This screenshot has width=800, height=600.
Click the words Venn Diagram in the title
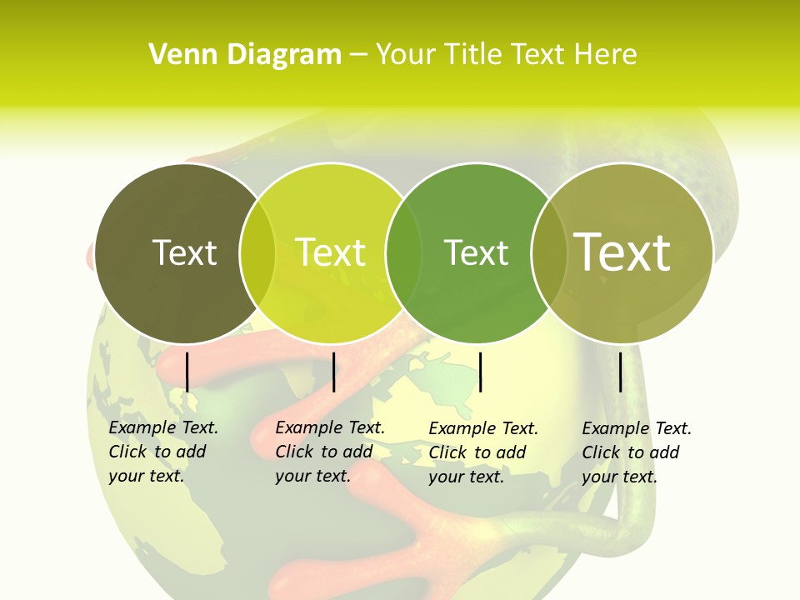[x=245, y=55]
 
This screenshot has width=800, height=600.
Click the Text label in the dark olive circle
[x=184, y=252]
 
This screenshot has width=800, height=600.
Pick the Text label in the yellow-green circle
[x=331, y=252]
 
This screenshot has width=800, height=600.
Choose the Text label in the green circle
[x=476, y=252]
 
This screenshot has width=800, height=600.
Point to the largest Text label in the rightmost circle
[x=622, y=252]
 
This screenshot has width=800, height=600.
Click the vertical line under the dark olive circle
[x=187, y=372]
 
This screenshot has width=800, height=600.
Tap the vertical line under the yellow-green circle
[x=333, y=372]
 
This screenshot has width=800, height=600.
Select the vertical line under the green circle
[x=480, y=372]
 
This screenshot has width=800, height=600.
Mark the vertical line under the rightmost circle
[x=621, y=372]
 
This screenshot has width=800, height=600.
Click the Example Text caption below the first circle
[x=163, y=452]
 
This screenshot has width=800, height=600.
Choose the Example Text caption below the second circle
[x=330, y=452]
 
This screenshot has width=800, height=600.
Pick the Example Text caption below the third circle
[x=483, y=452]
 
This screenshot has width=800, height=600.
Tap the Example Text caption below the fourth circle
[x=637, y=452]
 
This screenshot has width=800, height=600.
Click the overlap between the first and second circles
[x=257, y=253]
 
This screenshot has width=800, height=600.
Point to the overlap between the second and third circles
[x=403, y=253]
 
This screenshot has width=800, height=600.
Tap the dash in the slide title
[x=358, y=55]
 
